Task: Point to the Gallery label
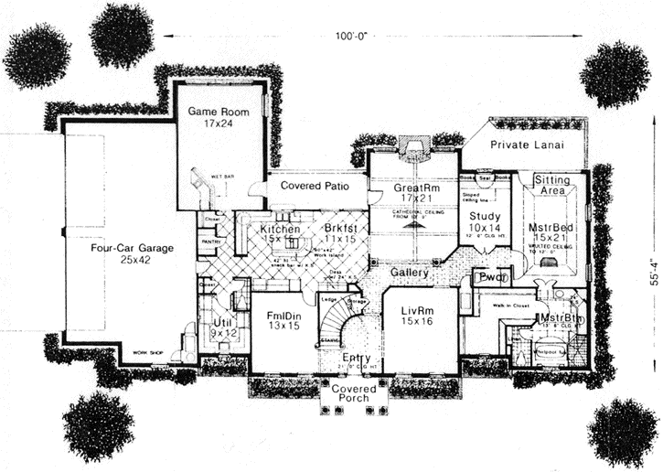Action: point(410,273)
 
